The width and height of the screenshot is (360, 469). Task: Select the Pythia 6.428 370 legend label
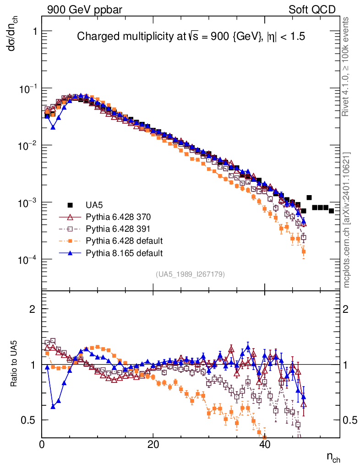118,217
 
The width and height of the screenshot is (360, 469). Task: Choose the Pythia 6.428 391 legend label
118,229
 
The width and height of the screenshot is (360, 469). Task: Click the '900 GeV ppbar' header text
84,10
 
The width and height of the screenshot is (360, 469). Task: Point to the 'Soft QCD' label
312,10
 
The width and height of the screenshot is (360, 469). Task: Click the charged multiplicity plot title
191,36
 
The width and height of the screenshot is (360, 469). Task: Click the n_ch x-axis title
333,457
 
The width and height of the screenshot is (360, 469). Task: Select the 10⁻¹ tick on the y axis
29,88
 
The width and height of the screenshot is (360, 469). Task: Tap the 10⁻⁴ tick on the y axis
29,260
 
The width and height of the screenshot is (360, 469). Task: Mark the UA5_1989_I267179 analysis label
191,274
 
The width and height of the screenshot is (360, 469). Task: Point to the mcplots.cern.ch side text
347,220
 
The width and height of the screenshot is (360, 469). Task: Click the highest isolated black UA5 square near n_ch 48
309,197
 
